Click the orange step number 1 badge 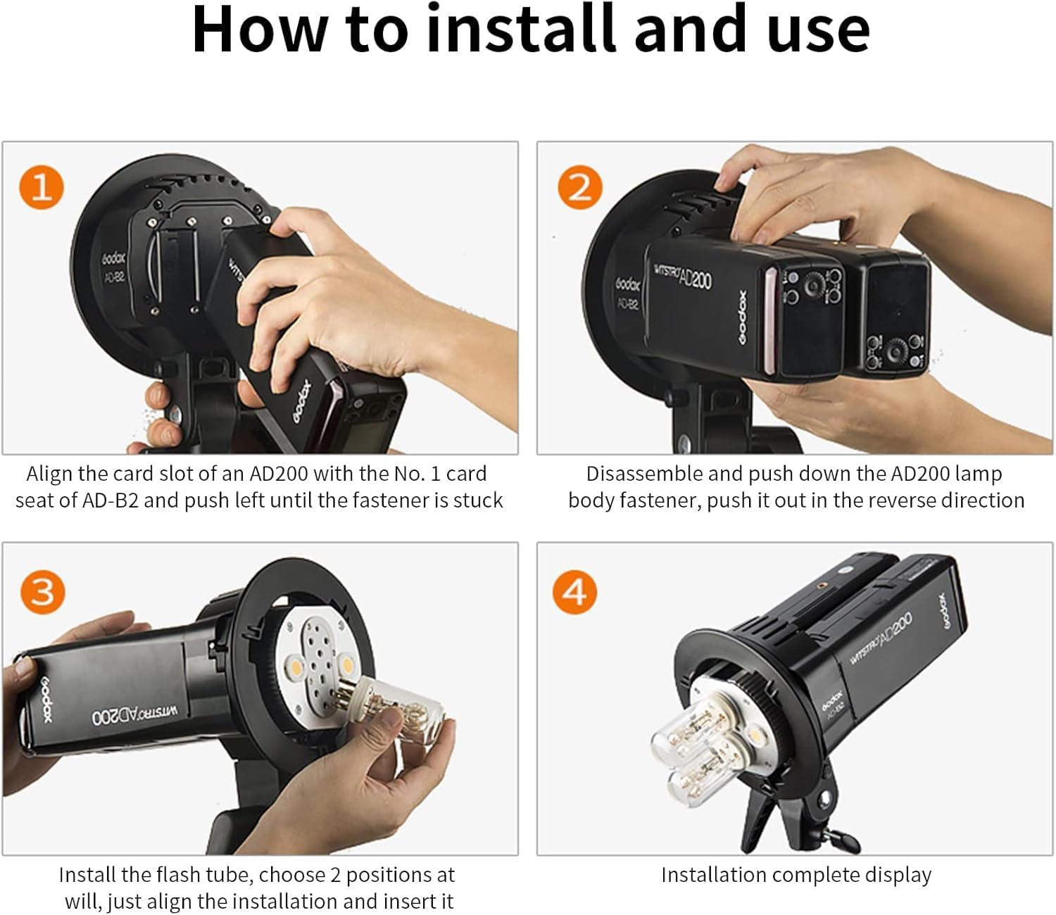pyautogui.click(x=42, y=187)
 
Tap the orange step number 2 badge pyautogui.click(x=579, y=187)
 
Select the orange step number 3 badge pyautogui.click(x=42, y=591)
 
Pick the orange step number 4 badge pyautogui.click(x=574, y=591)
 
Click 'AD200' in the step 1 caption pyautogui.click(x=279, y=474)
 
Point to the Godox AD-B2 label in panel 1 pyautogui.click(x=114, y=267)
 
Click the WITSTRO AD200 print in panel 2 pyautogui.click(x=682, y=277)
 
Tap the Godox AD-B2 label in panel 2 pyautogui.click(x=627, y=293)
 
